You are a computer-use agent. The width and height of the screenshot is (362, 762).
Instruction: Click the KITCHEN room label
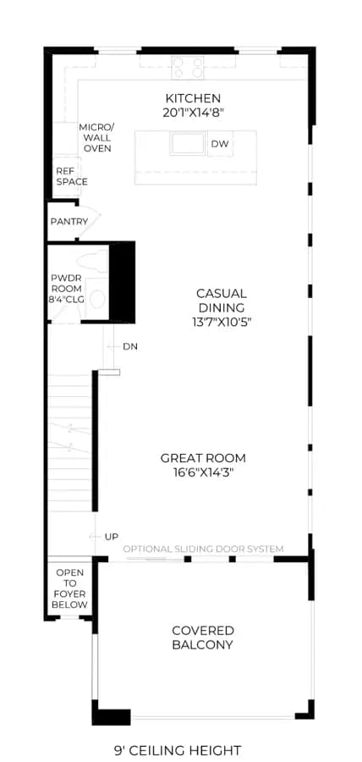[x=193, y=99]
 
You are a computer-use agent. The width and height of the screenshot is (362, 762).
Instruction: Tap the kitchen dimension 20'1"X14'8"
[x=194, y=113]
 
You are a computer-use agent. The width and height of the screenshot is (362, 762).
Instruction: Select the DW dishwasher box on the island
[x=220, y=144]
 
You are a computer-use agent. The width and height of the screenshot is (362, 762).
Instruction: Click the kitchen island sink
[x=187, y=144]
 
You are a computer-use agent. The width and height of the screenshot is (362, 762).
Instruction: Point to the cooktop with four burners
[x=188, y=67]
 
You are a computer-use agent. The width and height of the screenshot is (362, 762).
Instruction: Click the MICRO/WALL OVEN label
[x=97, y=137]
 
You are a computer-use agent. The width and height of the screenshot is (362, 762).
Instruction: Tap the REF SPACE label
[x=72, y=176]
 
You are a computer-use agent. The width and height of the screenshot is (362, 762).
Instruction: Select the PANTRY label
[x=69, y=222]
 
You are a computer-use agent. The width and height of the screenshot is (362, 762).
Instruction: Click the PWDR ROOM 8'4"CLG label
[x=68, y=289]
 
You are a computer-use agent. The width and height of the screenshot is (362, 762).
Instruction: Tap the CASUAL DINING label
[x=222, y=301]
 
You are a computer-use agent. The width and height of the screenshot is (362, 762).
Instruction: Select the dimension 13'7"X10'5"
[x=222, y=322]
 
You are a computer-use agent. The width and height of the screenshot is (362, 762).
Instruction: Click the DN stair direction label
[x=130, y=346]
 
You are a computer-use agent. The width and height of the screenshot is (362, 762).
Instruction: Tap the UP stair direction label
[x=111, y=537]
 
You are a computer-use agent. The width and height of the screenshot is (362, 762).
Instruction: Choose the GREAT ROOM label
[x=203, y=458]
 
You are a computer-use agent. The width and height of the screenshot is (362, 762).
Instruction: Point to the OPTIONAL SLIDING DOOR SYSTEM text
[x=203, y=549]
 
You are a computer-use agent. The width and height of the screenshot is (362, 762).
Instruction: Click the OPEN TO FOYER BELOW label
[x=70, y=588]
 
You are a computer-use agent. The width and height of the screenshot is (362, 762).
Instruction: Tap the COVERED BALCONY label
[x=203, y=638]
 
